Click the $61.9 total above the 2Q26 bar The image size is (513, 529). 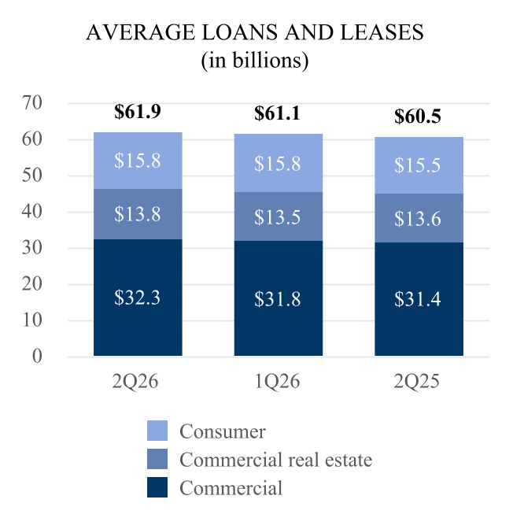click(x=137, y=111)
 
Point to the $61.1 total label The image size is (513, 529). click(x=277, y=113)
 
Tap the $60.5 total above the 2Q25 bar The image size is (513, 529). click(x=418, y=116)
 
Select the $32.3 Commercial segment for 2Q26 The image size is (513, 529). click(x=138, y=298)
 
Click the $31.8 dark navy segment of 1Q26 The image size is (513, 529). click(x=279, y=298)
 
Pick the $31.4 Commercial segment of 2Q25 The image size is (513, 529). click(x=419, y=299)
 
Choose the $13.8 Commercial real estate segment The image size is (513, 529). click(x=138, y=214)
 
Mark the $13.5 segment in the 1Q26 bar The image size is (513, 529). click(x=279, y=216)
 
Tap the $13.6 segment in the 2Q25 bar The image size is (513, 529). click(x=419, y=218)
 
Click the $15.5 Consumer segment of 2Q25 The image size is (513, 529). click(x=419, y=165)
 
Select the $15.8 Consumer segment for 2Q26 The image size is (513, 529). click(x=138, y=161)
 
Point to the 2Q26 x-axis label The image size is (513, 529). click(x=135, y=382)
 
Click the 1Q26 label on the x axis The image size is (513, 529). click(x=277, y=382)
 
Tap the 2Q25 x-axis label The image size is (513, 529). click(x=417, y=382)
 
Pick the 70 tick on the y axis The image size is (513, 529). click(x=32, y=102)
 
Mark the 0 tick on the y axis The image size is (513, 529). click(x=37, y=356)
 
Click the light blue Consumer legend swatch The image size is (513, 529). click(x=157, y=431)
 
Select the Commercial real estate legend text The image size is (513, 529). click(x=276, y=460)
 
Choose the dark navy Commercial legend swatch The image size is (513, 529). click(x=157, y=487)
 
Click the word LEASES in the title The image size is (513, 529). click(x=382, y=32)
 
